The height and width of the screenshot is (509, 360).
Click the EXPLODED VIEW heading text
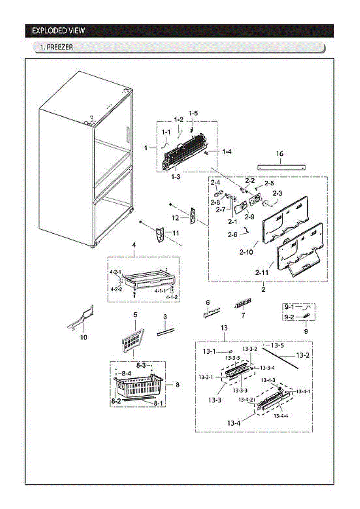click(59, 31)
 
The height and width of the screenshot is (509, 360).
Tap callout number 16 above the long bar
click(280, 154)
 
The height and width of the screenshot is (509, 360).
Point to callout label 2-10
click(246, 252)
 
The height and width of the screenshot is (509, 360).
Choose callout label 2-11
click(262, 273)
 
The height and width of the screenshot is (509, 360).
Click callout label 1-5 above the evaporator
click(193, 113)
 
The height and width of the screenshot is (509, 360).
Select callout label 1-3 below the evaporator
click(176, 177)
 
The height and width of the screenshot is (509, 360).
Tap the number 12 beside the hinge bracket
click(176, 218)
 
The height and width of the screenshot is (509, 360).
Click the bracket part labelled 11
click(160, 235)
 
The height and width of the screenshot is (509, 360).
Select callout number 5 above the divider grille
click(135, 315)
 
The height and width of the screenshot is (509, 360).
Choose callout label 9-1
click(289, 306)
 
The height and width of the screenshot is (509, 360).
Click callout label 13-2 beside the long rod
click(302, 355)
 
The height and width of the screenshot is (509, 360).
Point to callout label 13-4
click(234, 422)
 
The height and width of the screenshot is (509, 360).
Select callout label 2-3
click(277, 193)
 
